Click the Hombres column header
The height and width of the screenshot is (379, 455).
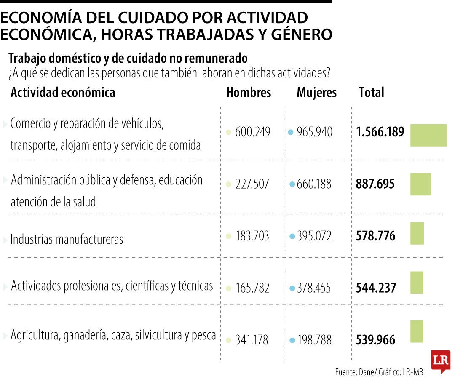pyautogui.click(x=249, y=93)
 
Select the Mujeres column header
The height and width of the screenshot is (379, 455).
pyautogui.click(x=316, y=93)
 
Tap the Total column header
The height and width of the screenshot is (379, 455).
pyautogui.click(x=371, y=93)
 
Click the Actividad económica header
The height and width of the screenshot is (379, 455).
pyautogui.click(x=63, y=93)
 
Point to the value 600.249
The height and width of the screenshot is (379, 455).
pyautogui.click(x=252, y=132)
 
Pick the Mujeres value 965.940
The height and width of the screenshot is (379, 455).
pyautogui.click(x=314, y=132)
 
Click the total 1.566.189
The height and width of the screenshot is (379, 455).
pyautogui.click(x=380, y=132)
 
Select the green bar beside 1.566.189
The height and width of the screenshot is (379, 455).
pyautogui.click(x=428, y=135)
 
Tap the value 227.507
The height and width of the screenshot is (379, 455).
pyautogui.click(x=252, y=184)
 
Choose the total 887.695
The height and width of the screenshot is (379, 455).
pyautogui.click(x=375, y=184)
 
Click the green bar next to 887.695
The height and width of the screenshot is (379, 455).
pyautogui.click(x=420, y=184)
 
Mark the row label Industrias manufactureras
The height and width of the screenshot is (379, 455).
pyautogui.click(x=67, y=240)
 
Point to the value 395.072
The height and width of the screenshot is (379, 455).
pyautogui.click(x=314, y=236)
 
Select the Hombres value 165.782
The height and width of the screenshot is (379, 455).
pyautogui.click(x=252, y=288)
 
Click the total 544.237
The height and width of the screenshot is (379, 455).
pyautogui.click(x=376, y=288)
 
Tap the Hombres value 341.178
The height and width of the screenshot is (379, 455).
pyautogui.click(x=252, y=340)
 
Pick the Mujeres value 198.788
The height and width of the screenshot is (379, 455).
pyautogui.click(x=314, y=340)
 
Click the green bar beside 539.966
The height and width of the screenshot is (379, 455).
pyautogui.click(x=417, y=331)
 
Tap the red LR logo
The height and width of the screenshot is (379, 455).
pyautogui.click(x=441, y=361)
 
